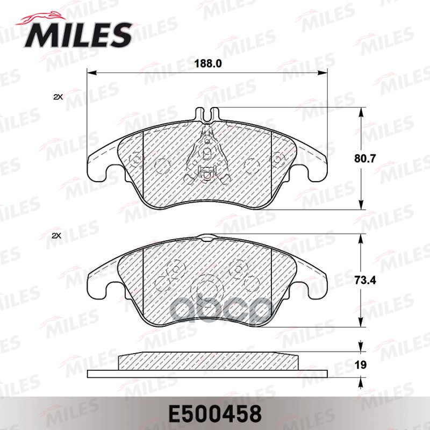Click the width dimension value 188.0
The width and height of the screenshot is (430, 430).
pyautogui.click(x=207, y=63)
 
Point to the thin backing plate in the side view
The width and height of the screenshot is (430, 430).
pyautogui.click(x=207, y=373)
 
